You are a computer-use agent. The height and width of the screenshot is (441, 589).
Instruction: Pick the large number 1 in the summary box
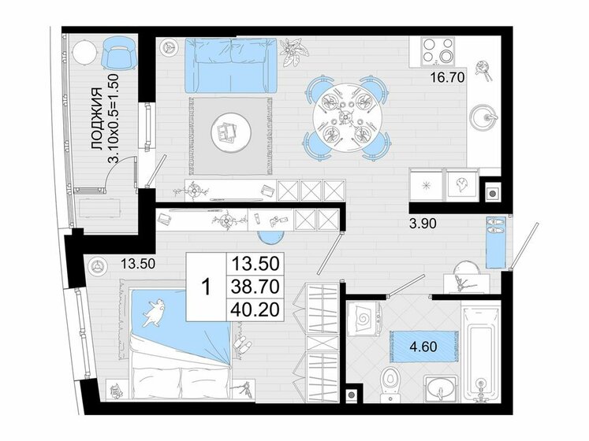(x=207, y=287)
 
